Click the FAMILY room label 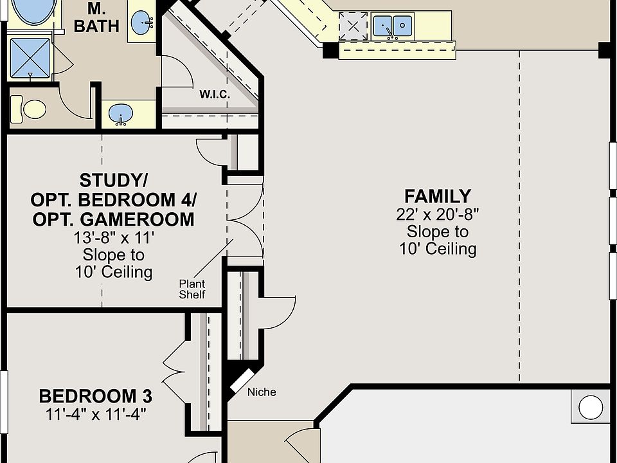(x=438, y=196)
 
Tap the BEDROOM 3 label (x=96, y=396)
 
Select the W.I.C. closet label (x=215, y=95)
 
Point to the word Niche (x=262, y=392)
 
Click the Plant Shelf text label (x=192, y=289)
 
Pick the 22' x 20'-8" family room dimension (x=438, y=215)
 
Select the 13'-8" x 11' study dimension (x=114, y=238)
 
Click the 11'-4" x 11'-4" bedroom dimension (x=96, y=414)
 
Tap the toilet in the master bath (x=28, y=109)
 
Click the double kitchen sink (x=392, y=26)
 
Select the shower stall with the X (x=30, y=58)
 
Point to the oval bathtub (x=34, y=11)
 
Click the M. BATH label (x=96, y=18)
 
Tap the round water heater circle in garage (x=591, y=407)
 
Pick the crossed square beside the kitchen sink (x=353, y=26)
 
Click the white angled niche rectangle (x=242, y=381)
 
